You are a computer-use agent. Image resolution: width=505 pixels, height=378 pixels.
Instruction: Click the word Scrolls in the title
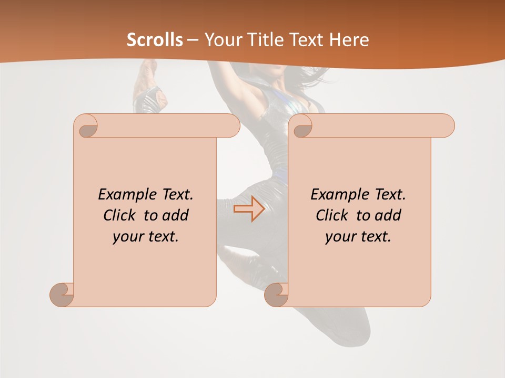pyautogui.click(x=155, y=40)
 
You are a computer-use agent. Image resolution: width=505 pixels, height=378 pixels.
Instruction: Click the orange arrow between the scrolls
pyautogui.click(x=249, y=209)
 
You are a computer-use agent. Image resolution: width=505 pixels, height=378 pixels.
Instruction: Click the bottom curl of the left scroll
pyautogui.click(x=62, y=295)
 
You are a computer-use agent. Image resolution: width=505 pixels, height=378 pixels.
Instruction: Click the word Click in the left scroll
pyautogui.click(x=120, y=215)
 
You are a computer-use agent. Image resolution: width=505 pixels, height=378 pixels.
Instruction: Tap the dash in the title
pyautogui.click(x=193, y=40)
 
